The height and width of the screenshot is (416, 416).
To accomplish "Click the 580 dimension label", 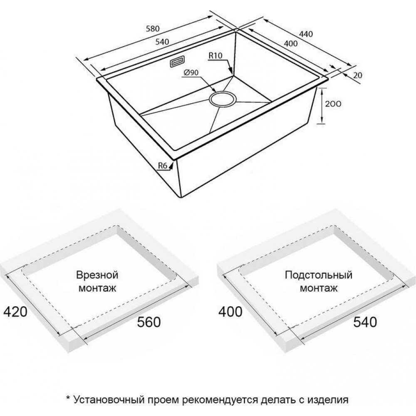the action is pos(153,29).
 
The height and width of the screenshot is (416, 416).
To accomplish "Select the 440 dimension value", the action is pos(306,34).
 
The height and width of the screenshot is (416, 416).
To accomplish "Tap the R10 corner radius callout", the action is pos(215,55).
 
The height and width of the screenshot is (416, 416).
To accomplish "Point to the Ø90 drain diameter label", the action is pos(191,72).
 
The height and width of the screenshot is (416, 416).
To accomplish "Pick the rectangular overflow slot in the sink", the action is pos(177,62).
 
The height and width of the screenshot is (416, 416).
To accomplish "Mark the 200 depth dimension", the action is pos(333,104).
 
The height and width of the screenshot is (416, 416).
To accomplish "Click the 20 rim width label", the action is pos(358,75).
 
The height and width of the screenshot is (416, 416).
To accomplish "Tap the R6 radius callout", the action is pos(163,166).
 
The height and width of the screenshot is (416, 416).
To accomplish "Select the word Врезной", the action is pos(97,275).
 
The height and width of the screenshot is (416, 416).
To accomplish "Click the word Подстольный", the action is pos(318,275).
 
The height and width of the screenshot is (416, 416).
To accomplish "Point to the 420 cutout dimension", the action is pos(15,312).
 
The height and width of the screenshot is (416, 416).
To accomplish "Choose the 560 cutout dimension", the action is pos(149,322).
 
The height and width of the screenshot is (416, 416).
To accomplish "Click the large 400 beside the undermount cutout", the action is pos(230,312).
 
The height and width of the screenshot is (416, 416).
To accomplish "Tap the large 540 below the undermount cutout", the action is pos(365,322).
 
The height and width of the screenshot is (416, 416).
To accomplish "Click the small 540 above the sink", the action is pos(162,42).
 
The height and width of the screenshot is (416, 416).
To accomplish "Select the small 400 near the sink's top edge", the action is pos(291,43).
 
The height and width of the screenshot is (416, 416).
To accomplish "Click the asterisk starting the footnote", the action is pos(68,398).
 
